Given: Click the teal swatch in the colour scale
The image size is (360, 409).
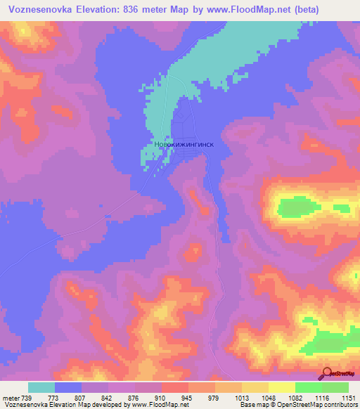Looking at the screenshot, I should tap(41, 387).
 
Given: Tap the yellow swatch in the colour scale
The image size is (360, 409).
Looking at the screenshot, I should tap(281, 387).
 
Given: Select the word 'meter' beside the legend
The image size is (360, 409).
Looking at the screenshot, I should tap(11, 398).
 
